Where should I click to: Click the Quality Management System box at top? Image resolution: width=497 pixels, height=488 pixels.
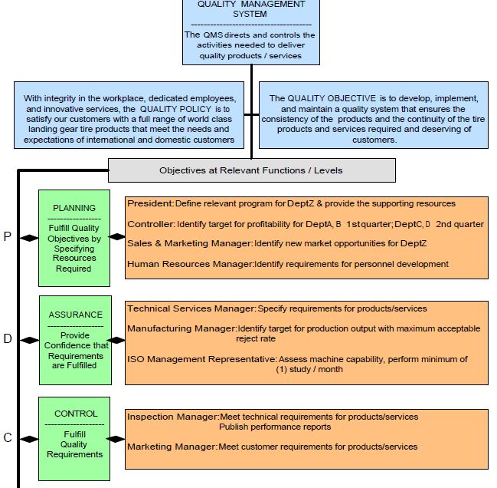[x=250, y=31]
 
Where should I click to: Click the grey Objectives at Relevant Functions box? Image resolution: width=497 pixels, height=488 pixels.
[x=251, y=170]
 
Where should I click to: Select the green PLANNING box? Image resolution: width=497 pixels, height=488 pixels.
[x=74, y=238]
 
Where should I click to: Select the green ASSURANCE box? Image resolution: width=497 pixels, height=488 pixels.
[x=74, y=339]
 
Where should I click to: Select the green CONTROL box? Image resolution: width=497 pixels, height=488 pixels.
[x=74, y=439]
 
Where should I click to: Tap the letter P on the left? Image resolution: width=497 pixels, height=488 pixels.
[x=8, y=237]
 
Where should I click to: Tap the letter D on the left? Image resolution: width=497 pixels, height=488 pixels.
[x=8, y=338]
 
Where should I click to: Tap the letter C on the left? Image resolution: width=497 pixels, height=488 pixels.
[x=8, y=438]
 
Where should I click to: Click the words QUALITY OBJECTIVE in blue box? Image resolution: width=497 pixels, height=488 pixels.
[x=332, y=98]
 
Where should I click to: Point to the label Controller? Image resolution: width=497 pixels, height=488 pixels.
[x=152, y=224]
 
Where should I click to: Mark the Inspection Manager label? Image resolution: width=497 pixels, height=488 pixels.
[x=173, y=417]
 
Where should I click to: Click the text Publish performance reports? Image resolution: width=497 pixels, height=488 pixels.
[x=275, y=427]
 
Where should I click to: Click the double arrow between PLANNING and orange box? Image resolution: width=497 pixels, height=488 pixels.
[x=117, y=237]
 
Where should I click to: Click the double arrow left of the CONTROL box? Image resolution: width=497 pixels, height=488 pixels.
[x=29, y=439]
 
